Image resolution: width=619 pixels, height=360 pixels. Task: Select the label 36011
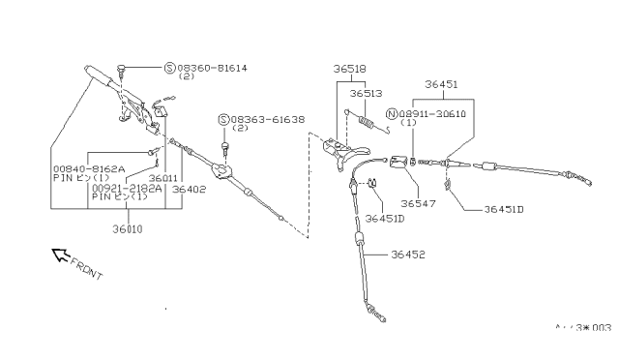150,177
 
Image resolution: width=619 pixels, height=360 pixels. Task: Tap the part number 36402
189,190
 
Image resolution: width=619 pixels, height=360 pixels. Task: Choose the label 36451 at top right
440,84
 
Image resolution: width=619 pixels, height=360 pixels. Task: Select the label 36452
411,255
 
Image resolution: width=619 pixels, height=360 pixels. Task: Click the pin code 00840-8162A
89,168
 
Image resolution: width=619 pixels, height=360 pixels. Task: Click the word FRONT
86,269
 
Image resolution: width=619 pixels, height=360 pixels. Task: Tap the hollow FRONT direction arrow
60,255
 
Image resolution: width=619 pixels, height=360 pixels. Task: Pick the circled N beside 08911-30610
392,113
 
